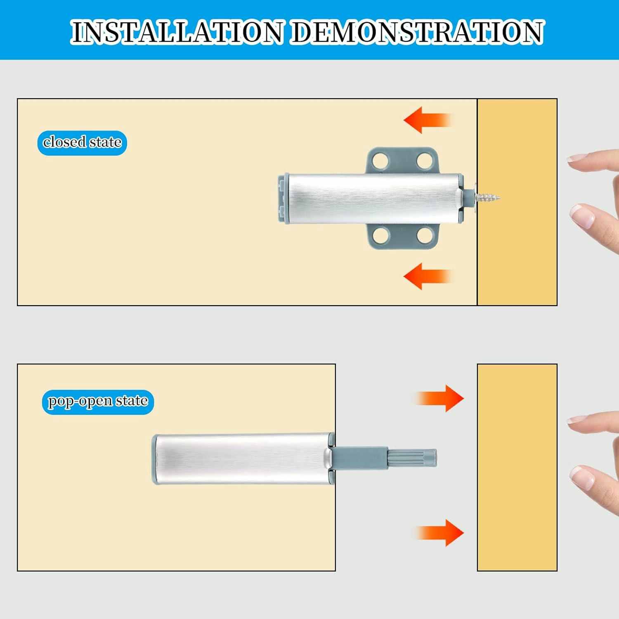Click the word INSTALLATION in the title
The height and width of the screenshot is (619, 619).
tap(177, 32)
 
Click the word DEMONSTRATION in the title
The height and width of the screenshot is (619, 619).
tap(418, 32)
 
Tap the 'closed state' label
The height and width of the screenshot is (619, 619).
tap(82, 143)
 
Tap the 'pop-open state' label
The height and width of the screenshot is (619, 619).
tap(98, 402)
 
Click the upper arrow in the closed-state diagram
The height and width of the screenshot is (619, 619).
tap(428, 120)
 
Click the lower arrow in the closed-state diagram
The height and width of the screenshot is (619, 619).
tap(428, 276)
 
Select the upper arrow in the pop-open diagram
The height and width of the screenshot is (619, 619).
tap(439, 398)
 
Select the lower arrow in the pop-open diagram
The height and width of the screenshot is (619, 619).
tap(439, 533)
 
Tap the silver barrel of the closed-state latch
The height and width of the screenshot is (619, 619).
tap(373, 199)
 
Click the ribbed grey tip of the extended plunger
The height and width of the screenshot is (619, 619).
tap(412, 458)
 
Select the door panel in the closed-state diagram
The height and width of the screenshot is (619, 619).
tap(517, 202)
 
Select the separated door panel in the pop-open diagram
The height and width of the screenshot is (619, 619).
tap(517, 468)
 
